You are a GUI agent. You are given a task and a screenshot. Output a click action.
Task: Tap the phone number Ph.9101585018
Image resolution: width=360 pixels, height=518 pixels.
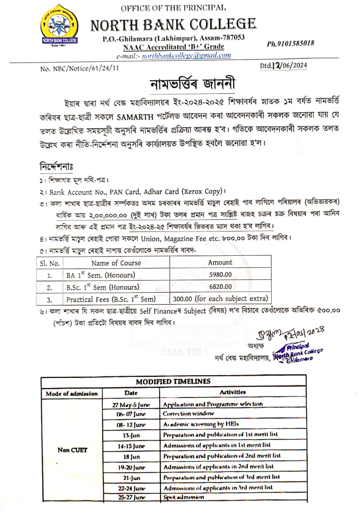click(290, 44)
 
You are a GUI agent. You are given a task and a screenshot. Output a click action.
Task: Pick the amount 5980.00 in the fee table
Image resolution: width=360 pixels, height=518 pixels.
click(220, 274)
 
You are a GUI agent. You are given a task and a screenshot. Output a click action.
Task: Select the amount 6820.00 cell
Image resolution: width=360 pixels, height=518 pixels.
click(220, 287)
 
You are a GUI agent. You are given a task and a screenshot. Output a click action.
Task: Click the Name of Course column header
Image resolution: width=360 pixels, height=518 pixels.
click(116, 263)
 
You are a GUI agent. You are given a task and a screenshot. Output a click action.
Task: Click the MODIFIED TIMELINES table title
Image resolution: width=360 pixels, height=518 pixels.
click(173, 381)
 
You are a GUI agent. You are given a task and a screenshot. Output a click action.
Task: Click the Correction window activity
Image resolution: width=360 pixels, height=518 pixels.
click(188, 414)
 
